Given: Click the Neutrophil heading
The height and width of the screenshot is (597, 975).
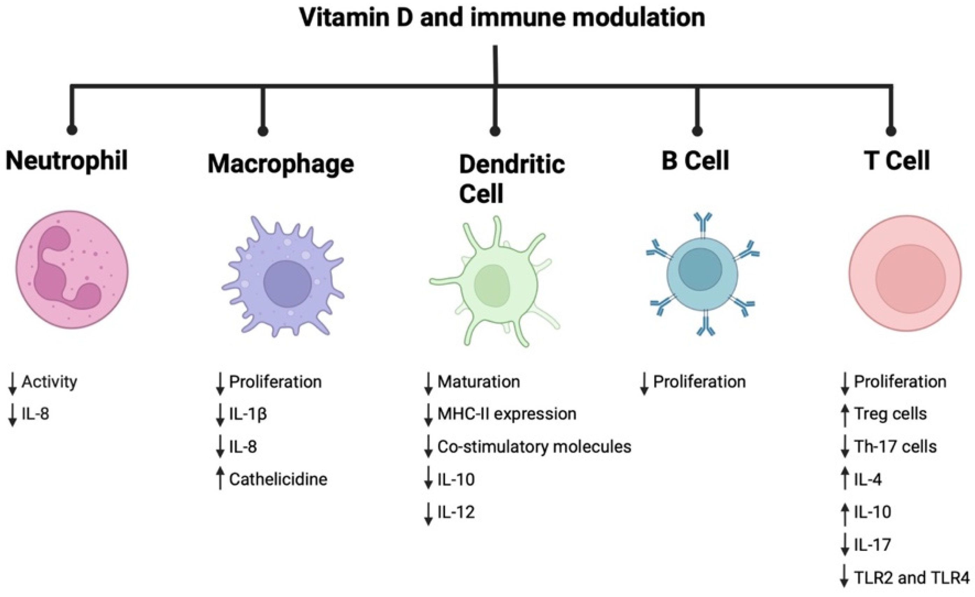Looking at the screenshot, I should click(66, 161).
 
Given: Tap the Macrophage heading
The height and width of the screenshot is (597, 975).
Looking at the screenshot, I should click(281, 164).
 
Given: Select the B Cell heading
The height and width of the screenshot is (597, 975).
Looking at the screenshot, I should click(695, 161).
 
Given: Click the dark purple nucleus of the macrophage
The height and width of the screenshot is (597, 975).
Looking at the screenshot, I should click(287, 283).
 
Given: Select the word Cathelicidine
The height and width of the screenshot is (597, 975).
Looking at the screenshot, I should click(278, 480).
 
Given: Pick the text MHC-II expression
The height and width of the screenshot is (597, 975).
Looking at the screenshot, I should click(507, 414).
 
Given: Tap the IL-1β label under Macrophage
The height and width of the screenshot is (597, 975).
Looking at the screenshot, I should click(248, 414).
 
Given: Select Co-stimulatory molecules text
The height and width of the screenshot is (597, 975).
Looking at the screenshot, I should click(534, 447).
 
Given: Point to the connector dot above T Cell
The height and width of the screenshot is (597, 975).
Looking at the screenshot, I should click(891, 131).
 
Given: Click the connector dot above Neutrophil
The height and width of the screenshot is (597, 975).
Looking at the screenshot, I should click(72, 130).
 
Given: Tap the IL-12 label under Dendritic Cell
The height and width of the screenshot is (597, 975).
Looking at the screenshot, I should click(456, 512).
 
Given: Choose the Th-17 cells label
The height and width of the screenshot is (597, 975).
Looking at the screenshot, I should click(895, 447).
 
